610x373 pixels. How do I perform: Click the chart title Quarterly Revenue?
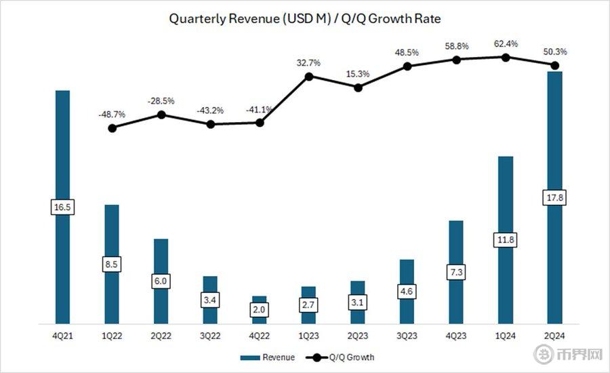[305, 19]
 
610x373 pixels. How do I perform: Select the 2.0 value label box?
[260, 309]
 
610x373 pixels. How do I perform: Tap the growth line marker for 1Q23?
[309, 77]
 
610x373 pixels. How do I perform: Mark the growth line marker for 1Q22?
[112, 127]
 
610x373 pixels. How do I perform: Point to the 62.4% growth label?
[506, 44]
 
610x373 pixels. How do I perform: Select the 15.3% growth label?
[358, 74]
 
